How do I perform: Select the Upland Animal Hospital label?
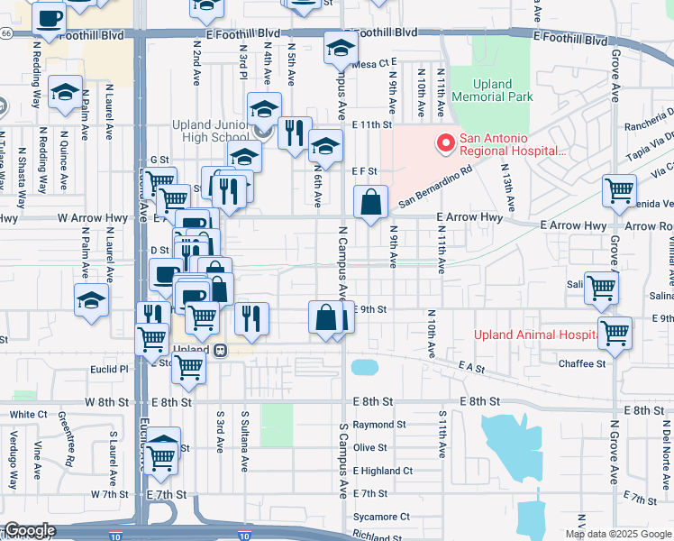click(x=535, y=335)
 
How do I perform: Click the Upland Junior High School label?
click(x=211, y=132)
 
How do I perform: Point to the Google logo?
click(x=30, y=531)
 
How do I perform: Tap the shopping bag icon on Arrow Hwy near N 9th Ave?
click(x=371, y=203)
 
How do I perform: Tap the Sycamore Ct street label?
click(x=381, y=518)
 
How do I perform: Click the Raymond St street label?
click(x=374, y=425)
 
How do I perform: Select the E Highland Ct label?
click(x=383, y=471)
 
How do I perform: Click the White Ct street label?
click(x=28, y=415)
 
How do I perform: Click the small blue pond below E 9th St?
click(x=364, y=367)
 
